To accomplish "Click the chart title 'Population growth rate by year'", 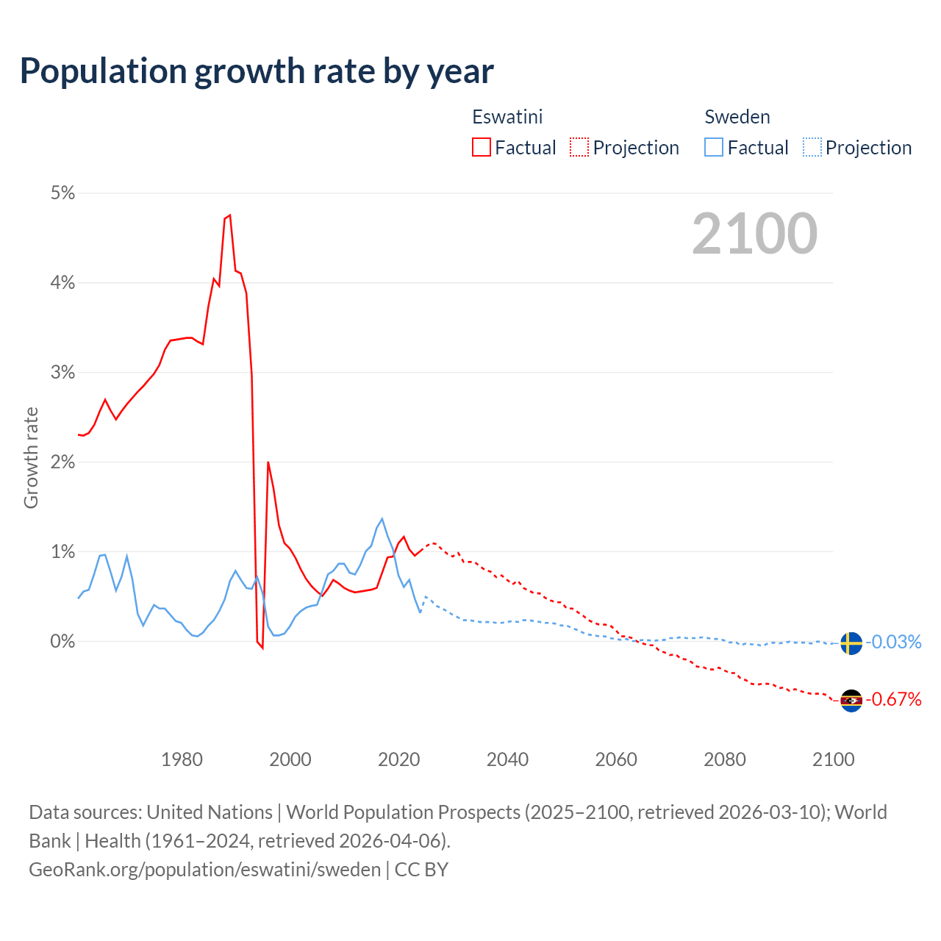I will [x=257, y=71].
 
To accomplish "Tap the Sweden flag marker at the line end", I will [x=851, y=643].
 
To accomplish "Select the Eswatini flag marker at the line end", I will [x=851, y=701].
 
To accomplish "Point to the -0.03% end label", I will [x=893, y=643].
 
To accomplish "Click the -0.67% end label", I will [x=893, y=699].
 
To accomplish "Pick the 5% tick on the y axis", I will [x=62, y=193].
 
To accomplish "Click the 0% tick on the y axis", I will [x=62, y=642].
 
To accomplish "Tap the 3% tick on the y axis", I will [x=62, y=373].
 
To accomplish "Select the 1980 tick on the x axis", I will [x=182, y=759].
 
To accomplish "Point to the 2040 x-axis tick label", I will [x=507, y=759].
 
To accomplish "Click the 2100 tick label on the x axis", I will [x=833, y=759].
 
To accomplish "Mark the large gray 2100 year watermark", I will [x=754, y=234].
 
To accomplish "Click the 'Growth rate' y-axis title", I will [x=31, y=457].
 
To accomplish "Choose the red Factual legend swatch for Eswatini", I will [x=482, y=148].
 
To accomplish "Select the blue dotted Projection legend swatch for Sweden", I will [x=812, y=148].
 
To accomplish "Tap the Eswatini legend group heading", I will [x=507, y=117].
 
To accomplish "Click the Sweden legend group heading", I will [x=737, y=117].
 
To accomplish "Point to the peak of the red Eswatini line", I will [x=230, y=215].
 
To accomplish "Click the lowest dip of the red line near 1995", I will [x=262, y=648].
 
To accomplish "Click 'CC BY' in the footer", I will [x=421, y=870].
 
